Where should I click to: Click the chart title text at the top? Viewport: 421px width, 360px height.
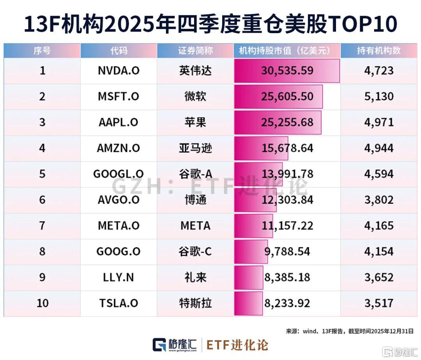click(210, 24)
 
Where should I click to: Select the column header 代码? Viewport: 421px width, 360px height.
click(119, 51)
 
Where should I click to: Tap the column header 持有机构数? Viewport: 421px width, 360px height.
click(379, 51)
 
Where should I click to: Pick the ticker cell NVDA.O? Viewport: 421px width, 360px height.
click(119, 71)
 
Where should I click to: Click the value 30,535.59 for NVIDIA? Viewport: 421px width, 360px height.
click(287, 71)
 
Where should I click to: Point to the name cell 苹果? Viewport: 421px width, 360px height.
click(195, 122)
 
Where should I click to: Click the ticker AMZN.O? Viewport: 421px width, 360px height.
click(119, 148)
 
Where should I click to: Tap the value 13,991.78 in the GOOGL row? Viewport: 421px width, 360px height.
click(287, 174)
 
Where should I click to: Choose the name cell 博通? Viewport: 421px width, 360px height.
click(195, 200)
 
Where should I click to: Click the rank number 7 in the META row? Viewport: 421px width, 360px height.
click(42, 225)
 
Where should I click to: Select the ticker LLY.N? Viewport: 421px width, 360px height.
click(119, 277)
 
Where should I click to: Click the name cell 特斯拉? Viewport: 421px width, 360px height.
click(195, 303)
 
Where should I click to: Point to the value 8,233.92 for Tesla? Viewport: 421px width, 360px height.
click(287, 303)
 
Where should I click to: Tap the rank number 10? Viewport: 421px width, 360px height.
click(42, 303)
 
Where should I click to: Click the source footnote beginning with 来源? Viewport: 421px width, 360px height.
click(350, 331)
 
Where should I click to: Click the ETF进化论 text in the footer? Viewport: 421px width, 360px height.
click(237, 345)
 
